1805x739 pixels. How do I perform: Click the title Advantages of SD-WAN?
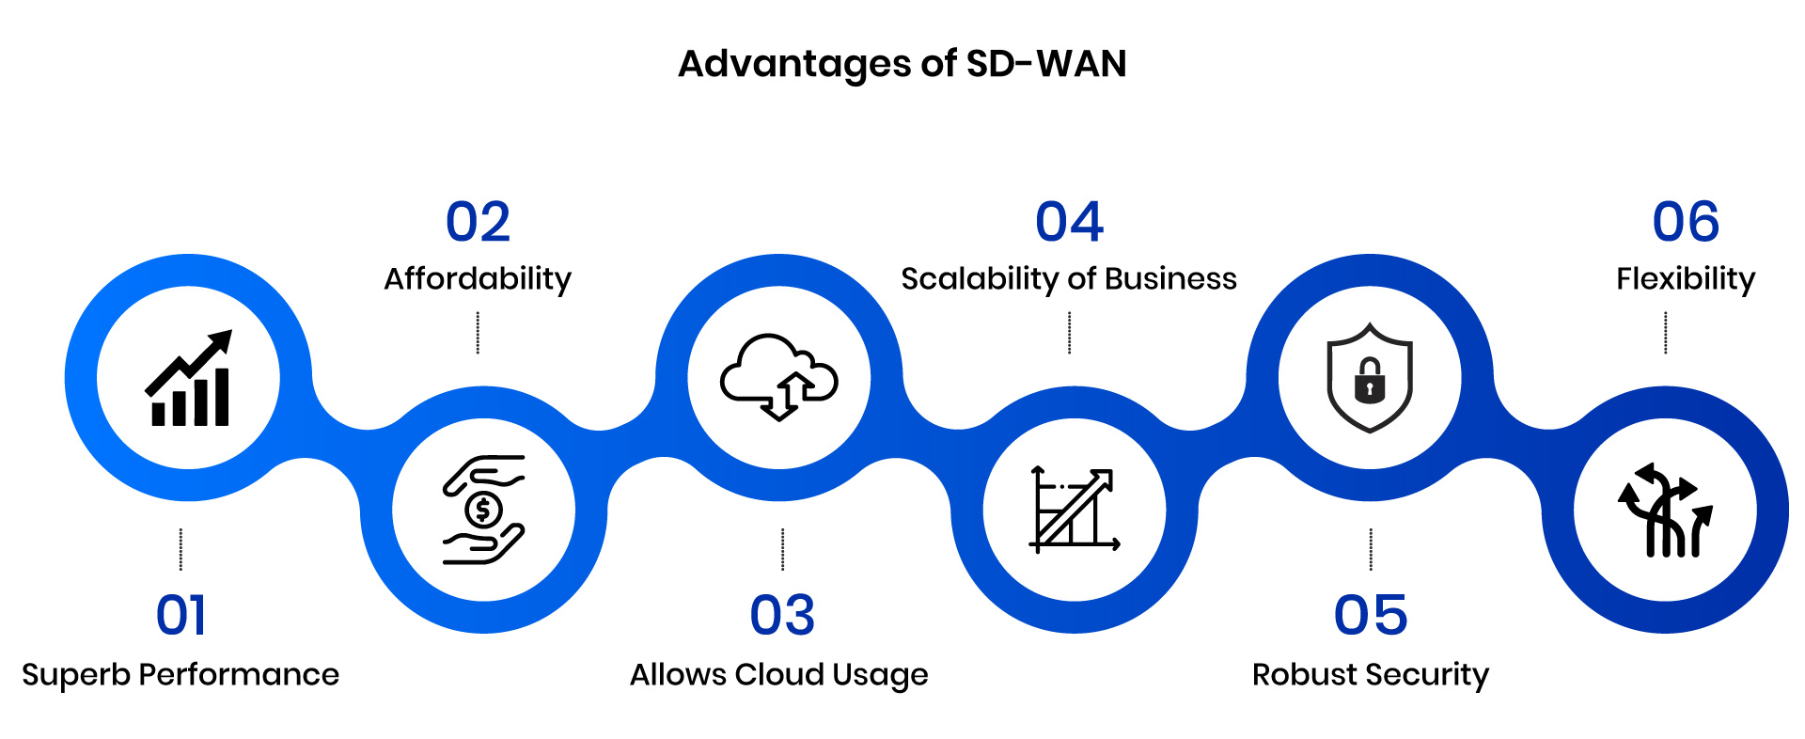[x=902, y=64]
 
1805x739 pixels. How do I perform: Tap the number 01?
[x=180, y=616]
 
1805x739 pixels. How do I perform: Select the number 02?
[x=478, y=223]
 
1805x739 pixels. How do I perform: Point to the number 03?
[x=781, y=616]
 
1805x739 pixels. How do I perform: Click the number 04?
[x=1069, y=223]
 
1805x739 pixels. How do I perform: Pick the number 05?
[x=1370, y=616]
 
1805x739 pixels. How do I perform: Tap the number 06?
[x=1686, y=223]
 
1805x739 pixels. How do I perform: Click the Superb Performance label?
[x=180, y=674]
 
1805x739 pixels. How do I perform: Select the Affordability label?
[x=478, y=279]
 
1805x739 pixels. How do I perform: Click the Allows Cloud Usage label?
[x=778, y=674]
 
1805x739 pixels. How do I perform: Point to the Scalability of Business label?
[x=1069, y=279]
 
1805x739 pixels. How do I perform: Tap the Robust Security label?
[x=1370, y=674]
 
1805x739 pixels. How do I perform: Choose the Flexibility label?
[x=1686, y=279]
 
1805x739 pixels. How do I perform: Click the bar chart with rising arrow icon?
[x=189, y=378]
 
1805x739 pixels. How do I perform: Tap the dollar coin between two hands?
[x=483, y=511]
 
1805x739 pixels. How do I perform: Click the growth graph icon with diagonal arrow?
[x=1075, y=509]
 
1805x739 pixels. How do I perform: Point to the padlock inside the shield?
[x=1370, y=380]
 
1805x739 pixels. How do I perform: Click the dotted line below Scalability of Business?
[x=1069, y=333]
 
